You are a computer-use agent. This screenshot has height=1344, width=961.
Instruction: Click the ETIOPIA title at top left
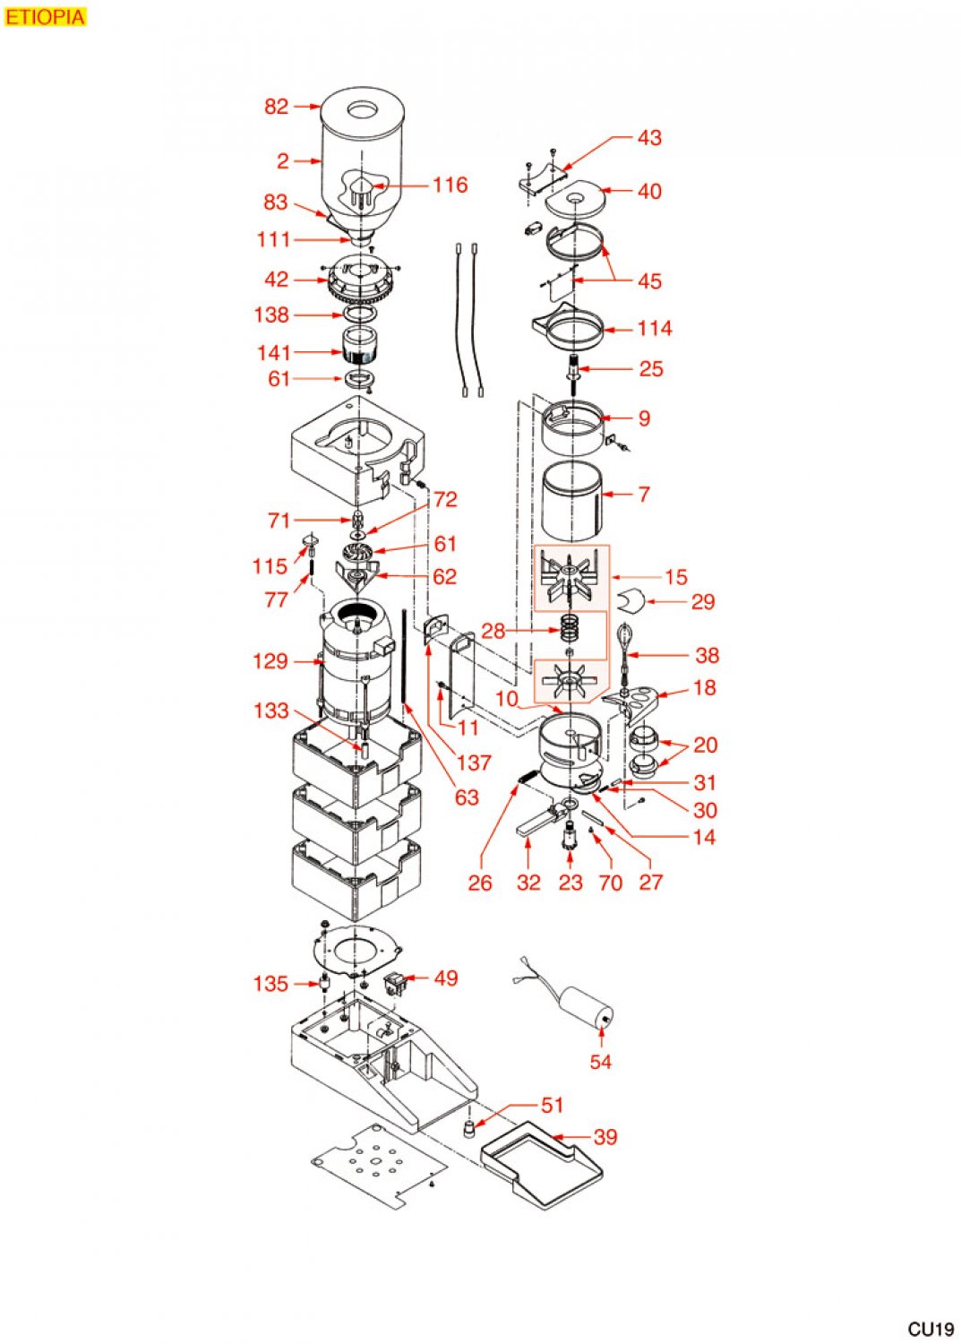point(46,17)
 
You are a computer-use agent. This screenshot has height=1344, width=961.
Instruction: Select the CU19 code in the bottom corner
point(930,1329)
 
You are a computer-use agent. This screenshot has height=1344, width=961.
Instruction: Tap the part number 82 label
point(276,107)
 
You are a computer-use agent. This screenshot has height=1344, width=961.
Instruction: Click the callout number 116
point(450,185)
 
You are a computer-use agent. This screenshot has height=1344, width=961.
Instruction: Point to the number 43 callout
point(649,138)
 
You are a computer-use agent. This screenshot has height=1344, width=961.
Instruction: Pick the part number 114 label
point(654,329)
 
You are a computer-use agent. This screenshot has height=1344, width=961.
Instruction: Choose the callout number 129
point(270,661)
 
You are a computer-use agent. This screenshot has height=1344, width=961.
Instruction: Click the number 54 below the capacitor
point(600,1062)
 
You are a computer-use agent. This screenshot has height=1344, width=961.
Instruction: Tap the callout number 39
point(605,1137)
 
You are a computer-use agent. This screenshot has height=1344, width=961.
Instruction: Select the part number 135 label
point(270,984)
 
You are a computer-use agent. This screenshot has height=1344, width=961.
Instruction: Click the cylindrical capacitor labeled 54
point(587,1008)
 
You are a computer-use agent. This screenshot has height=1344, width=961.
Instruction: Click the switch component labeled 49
point(394,983)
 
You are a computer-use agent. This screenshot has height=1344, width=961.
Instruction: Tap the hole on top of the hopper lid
point(363,110)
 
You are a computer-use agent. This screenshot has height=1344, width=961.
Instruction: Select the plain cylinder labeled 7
point(572,496)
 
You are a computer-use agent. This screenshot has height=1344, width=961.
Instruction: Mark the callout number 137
point(474,762)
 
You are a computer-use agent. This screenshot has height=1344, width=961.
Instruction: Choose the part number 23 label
point(571,883)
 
